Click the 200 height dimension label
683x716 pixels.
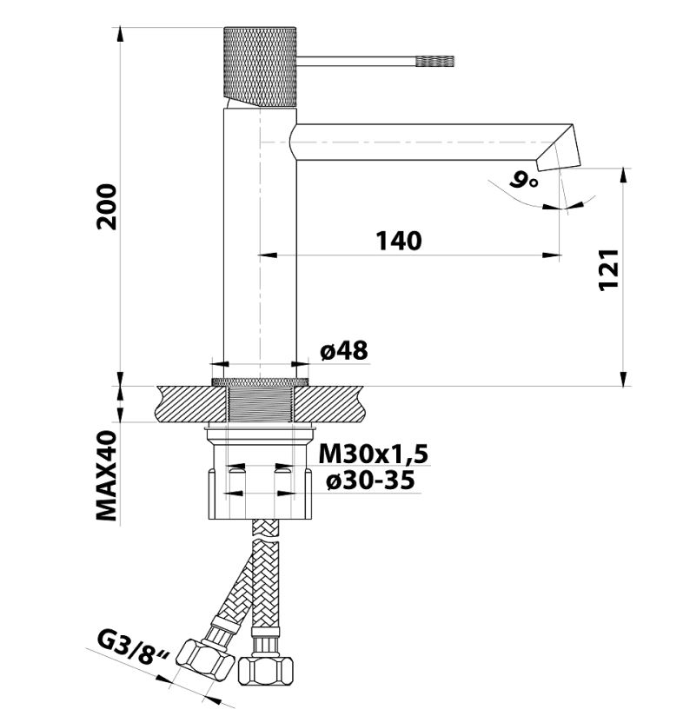click(x=107, y=206)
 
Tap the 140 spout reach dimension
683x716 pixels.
click(x=399, y=241)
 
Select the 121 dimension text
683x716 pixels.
click(x=609, y=269)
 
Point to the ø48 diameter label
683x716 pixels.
click(x=344, y=350)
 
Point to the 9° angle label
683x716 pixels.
click(x=524, y=180)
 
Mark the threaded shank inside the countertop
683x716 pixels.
click(x=261, y=404)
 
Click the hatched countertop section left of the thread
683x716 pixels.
click(x=187, y=404)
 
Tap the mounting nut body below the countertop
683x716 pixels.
click(x=261, y=491)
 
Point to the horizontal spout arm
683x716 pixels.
click(x=417, y=141)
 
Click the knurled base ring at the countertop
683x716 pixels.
click(x=261, y=381)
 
